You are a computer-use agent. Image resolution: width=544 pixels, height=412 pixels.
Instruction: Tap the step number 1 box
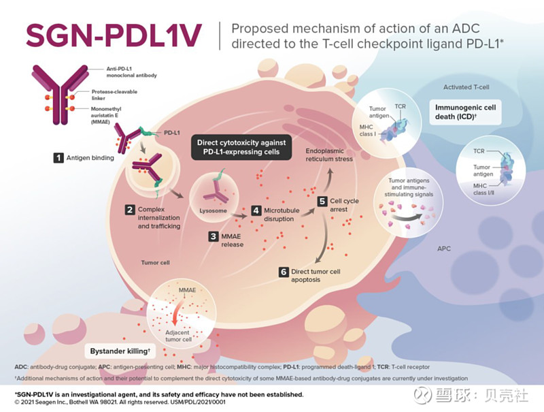click(x=60, y=158)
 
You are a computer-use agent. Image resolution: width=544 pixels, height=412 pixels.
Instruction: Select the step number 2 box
click(x=129, y=210)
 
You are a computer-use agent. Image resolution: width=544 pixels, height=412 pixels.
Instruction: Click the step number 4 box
click(x=256, y=210)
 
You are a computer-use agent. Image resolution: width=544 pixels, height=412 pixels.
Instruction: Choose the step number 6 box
click(x=284, y=272)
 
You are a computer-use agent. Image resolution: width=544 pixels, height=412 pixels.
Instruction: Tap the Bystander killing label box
click(x=120, y=351)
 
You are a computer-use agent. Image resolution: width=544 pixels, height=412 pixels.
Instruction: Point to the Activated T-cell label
click(x=466, y=87)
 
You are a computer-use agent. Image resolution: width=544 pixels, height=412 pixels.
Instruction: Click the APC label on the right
click(x=444, y=249)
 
